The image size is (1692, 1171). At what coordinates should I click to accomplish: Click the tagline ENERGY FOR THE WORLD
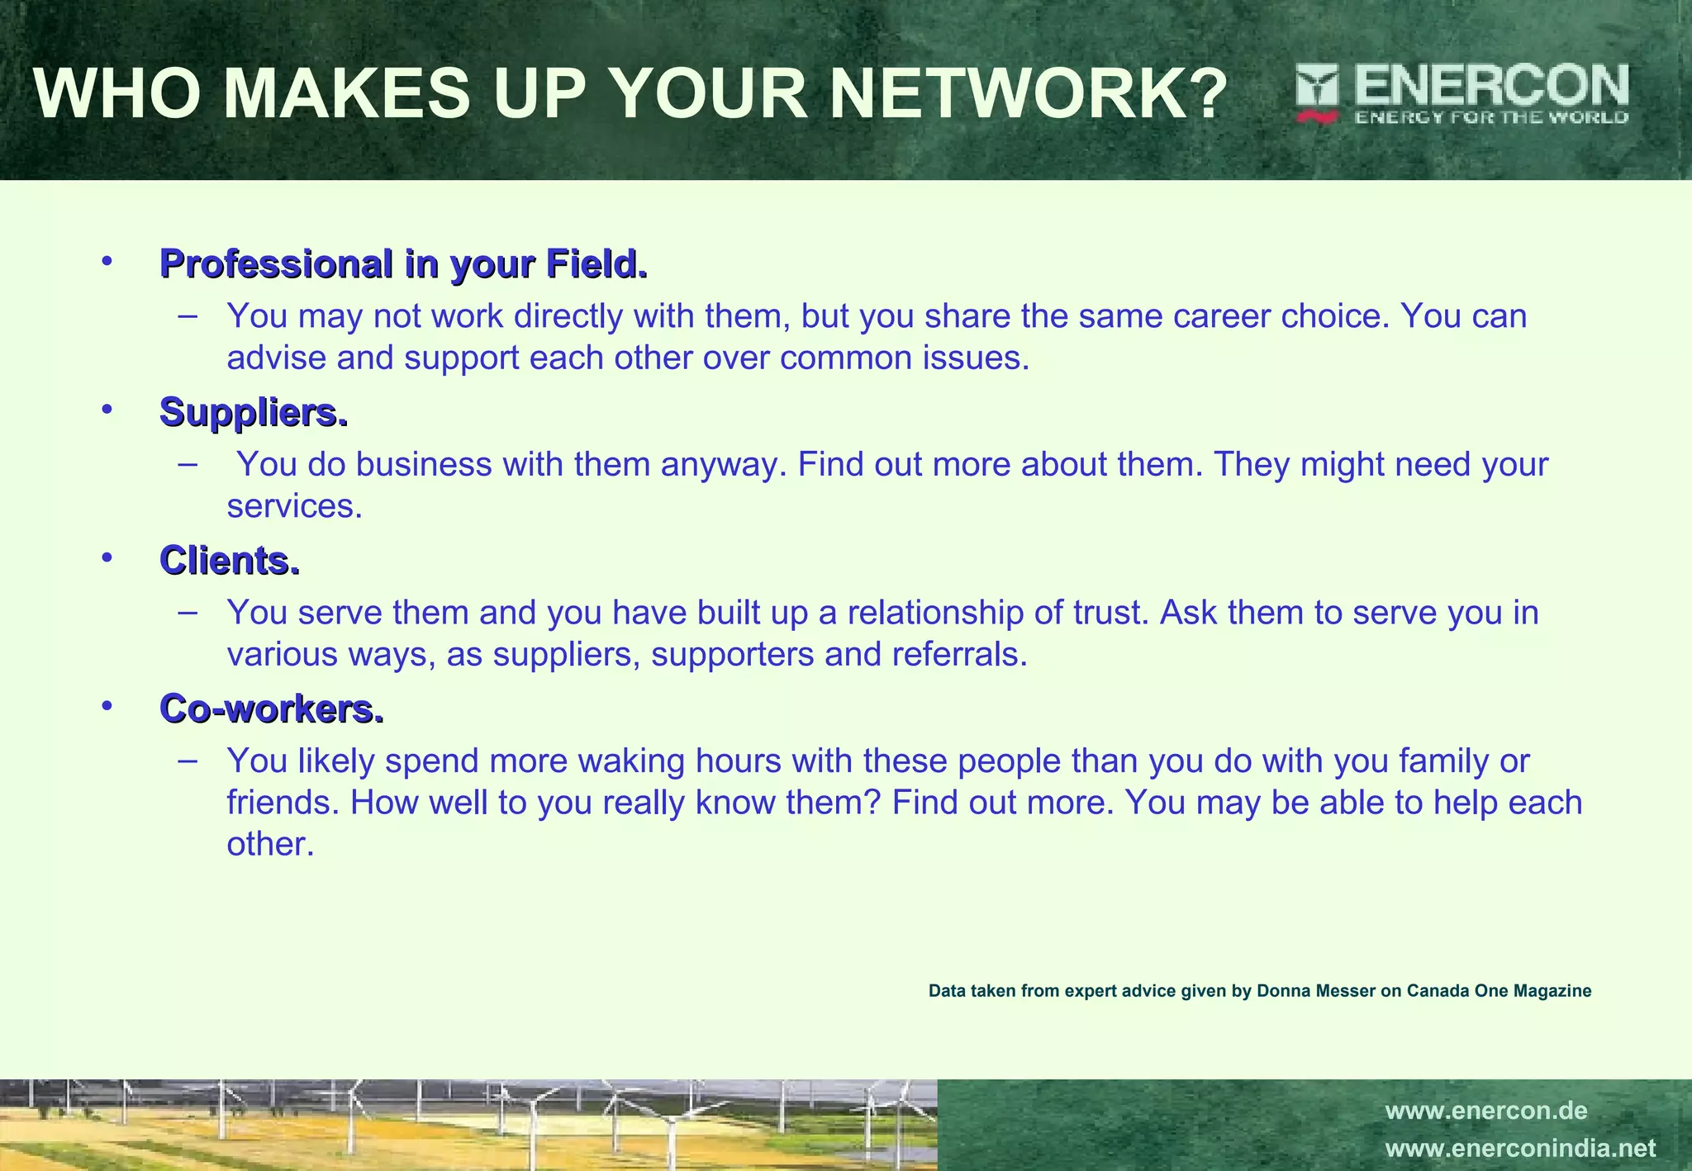[x=1491, y=117]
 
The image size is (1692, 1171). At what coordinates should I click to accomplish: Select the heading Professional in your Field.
[x=403, y=264]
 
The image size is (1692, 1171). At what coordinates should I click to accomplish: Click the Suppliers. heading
[x=254, y=412]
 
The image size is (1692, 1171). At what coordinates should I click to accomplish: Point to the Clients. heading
[x=230, y=561]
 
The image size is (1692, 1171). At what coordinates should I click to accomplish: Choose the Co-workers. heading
[x=272, y=709]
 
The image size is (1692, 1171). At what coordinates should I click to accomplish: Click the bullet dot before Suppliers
[x=107, y=409]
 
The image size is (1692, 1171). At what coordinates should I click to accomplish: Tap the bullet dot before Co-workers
[x=107, y=705]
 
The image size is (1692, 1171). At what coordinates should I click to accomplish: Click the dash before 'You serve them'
[x=188, y=612]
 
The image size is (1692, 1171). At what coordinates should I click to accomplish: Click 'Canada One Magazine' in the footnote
[x=1499, y=991]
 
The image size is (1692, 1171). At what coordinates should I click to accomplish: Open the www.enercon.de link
[x=1486, y=1111]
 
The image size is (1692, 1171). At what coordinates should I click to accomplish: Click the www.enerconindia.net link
[x=1520, y=1149]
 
